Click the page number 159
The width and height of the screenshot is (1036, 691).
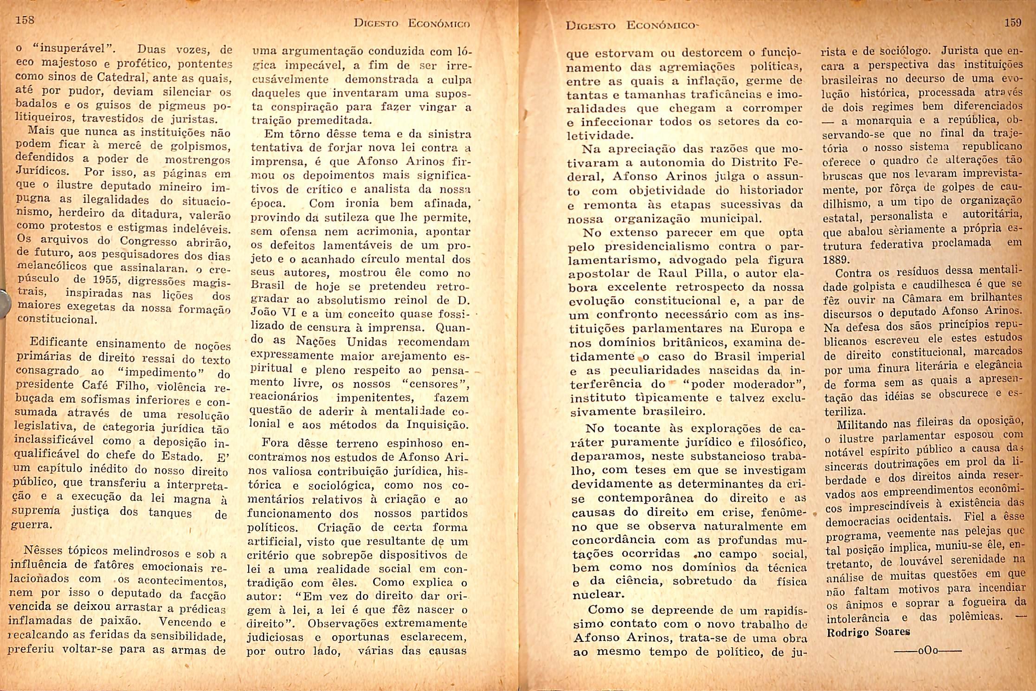(x=1013, y=23)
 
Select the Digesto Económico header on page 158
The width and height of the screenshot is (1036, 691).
(x=412, y=23)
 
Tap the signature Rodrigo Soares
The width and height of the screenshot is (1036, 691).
(x=868, y=632)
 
